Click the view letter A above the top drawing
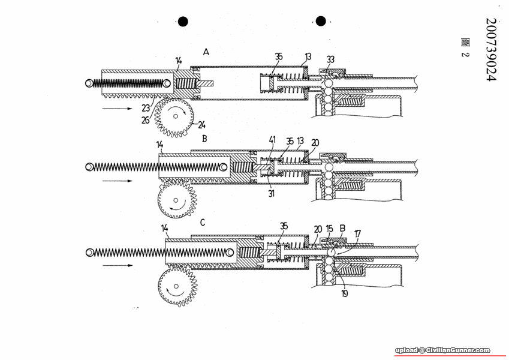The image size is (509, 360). (x=206, y=53)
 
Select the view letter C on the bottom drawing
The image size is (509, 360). (x=203, y=223)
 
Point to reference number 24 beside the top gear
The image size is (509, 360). (x=202, y=126)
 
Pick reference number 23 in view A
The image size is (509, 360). (x=146, y=109)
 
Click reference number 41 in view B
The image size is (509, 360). (x=272, y=140)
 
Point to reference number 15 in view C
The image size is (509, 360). (x=329, y=229)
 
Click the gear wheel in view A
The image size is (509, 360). (x=175, y=117)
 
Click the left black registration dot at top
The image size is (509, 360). (x=183, y=22)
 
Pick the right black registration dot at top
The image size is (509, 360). (x=321, y=22)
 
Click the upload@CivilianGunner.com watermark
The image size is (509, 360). (x=442, y=350)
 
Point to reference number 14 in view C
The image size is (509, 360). (x=165, y=228)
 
